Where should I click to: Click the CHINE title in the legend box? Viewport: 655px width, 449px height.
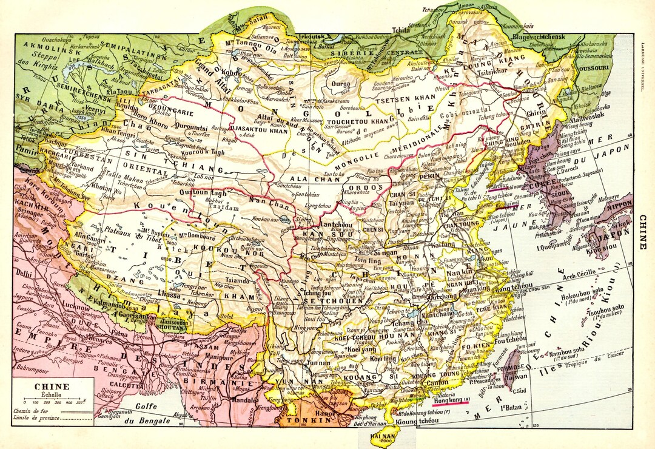[x=52, y=386]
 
